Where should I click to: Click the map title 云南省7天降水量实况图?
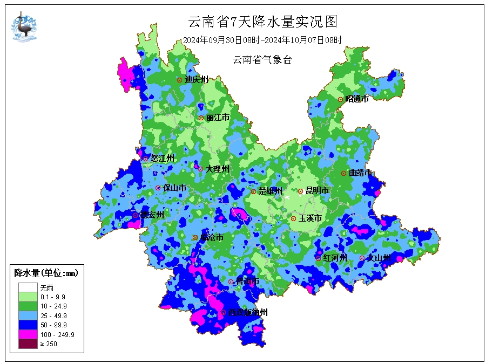pyautogui.click(x=262, y=22)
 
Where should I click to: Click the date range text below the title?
pyautogui.click(x=262, y=40)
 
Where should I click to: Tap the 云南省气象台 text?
pyautogui.click(x=262, y=60)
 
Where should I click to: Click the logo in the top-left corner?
pyautogui.click(x=24, y=26)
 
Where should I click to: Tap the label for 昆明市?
pyautogui.click(x=317, y=191)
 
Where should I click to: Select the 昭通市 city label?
pyautogui.click(x=357, y=99)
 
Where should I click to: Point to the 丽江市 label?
pyautogui.click(x=218, y=118)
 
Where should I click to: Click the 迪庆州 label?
pyautogui.click(x=196, y=80)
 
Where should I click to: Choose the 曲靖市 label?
pyautogui.click(x=360, y=173)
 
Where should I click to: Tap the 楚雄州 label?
pyautogui.click(x=270, y=191)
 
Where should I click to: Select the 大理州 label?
pyautogui.click(x=217, y=169)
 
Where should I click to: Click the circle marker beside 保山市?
pyautogui.click(x=158, y=188)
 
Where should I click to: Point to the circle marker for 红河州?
pyautogui.click(x=318, y=258)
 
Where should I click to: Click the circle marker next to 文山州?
pyautogui.click(x=362, y=258)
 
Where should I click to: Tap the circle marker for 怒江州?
pyautogui.click(x=145, y=159)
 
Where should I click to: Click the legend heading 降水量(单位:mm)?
pyautogui.click(x=46, y=273)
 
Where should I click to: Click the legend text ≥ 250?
pyautogui.click(x=49, y=344)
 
